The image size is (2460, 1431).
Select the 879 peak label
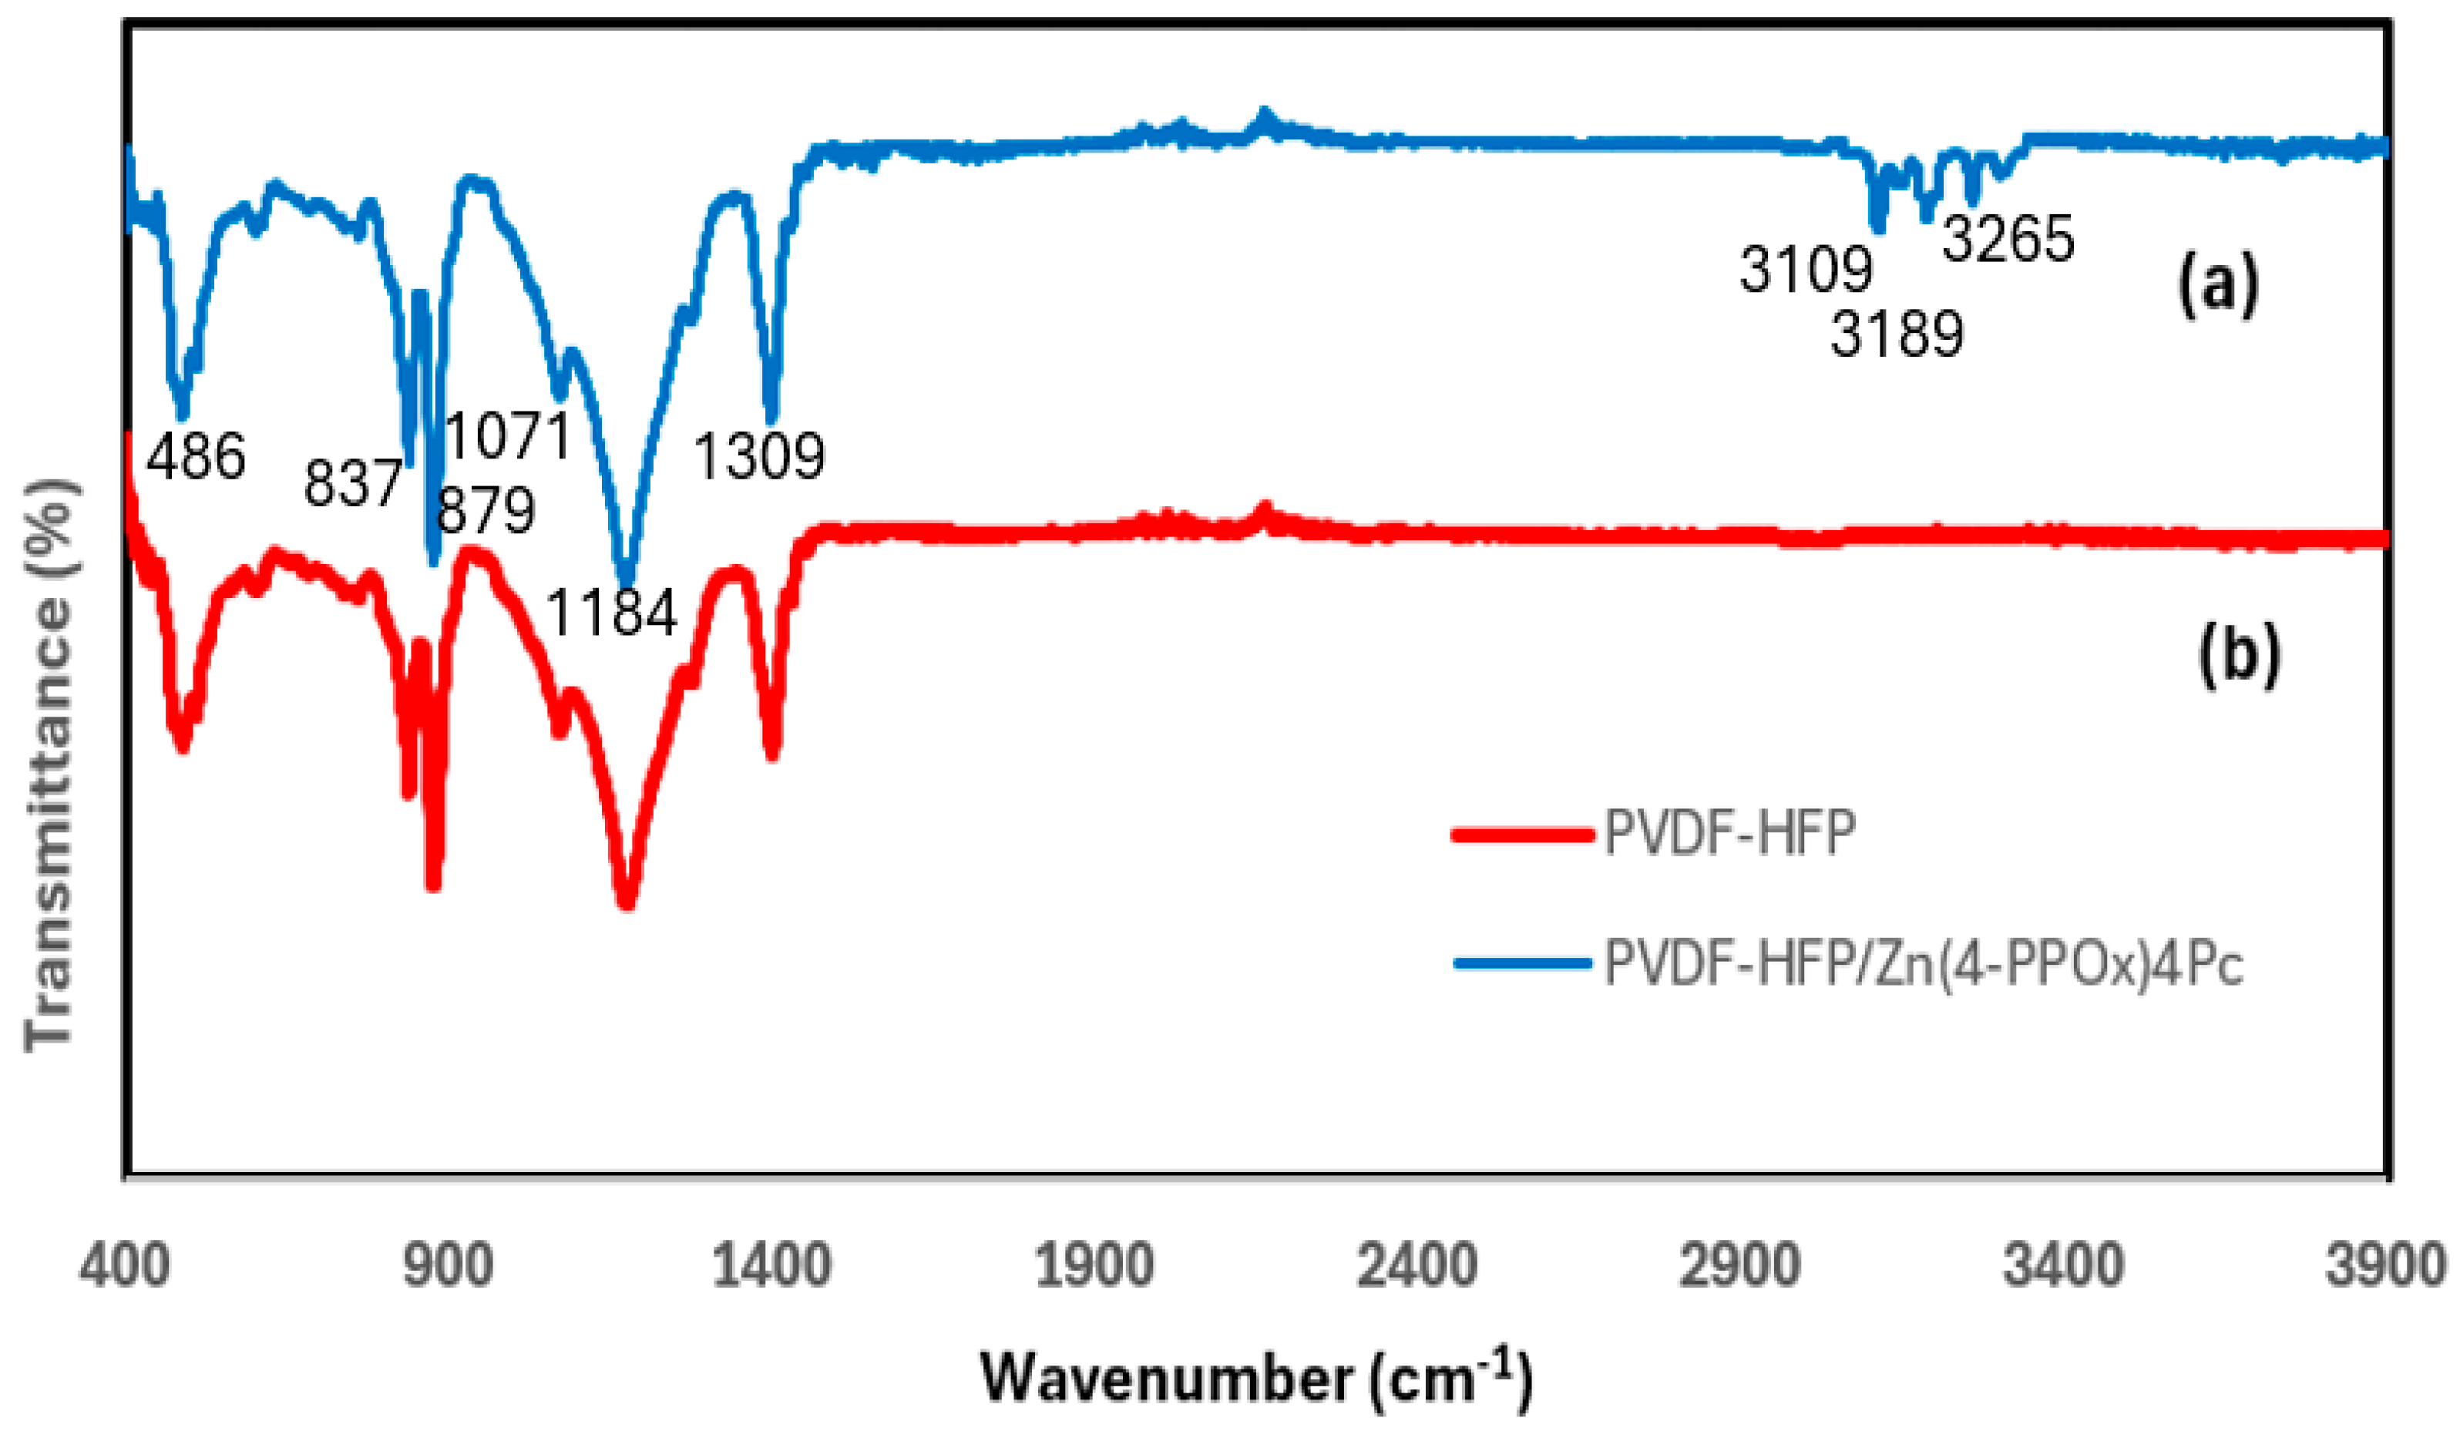click(x=486, y=509)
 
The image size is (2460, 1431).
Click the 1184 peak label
click(x=611, y=613)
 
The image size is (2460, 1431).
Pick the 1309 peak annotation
click(x=759, y=456)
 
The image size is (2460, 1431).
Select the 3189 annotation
click(x=1897, y=334)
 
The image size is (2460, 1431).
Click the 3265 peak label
click(x=2008, y=238)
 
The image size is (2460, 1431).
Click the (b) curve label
click(x=2240, y=655)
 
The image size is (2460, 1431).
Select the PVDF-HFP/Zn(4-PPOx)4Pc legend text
click(x=1924, y=965)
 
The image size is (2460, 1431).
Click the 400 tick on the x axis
click(x=125, y=1266)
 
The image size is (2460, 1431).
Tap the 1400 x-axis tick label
click(x=771, y=1266)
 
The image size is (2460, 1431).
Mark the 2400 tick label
click(x=1417, y=1266)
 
